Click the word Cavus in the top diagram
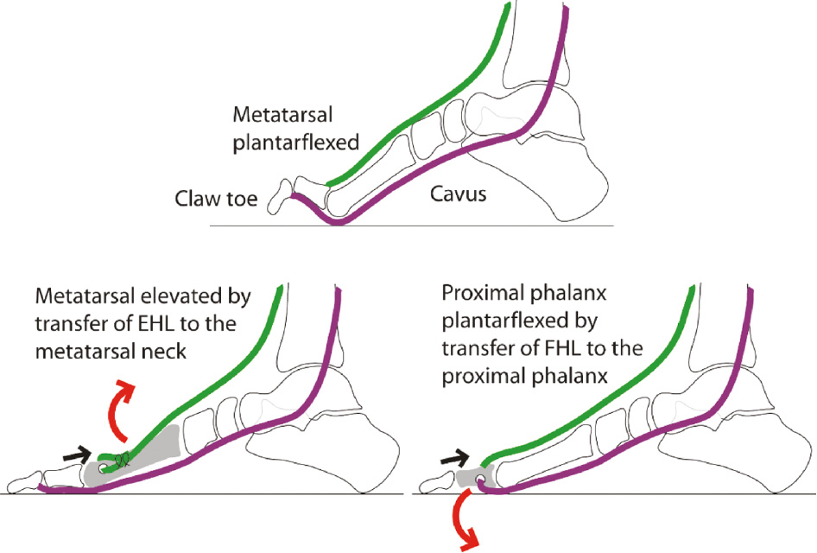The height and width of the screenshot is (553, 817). point(458,194)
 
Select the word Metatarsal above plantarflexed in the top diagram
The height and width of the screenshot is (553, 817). point(282,115)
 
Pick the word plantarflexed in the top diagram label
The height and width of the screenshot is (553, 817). point(296,143)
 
